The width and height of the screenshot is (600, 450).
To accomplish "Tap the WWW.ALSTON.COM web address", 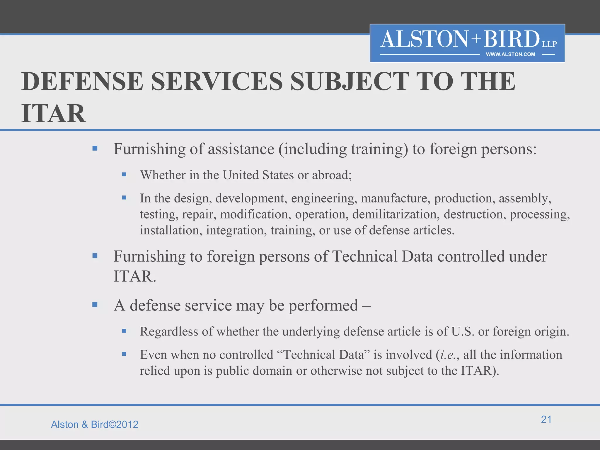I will (510, 54).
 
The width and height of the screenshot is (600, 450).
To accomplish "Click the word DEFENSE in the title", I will (82, 81).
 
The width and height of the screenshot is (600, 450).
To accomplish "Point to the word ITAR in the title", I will (54, 114).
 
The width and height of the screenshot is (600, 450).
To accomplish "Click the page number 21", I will (546, 420).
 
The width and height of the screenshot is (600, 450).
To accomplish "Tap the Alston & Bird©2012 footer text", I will (95, 425).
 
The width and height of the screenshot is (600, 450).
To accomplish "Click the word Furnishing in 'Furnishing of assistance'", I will (149, 149).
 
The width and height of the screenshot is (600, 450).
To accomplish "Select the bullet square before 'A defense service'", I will (95, 305).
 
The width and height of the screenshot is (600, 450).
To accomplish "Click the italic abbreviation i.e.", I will (448, 355).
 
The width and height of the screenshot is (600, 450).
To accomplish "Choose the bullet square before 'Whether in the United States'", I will (124, 175).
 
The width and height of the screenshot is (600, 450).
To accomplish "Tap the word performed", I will (323, 306).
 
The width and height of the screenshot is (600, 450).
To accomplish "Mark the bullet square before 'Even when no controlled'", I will (124, 354).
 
